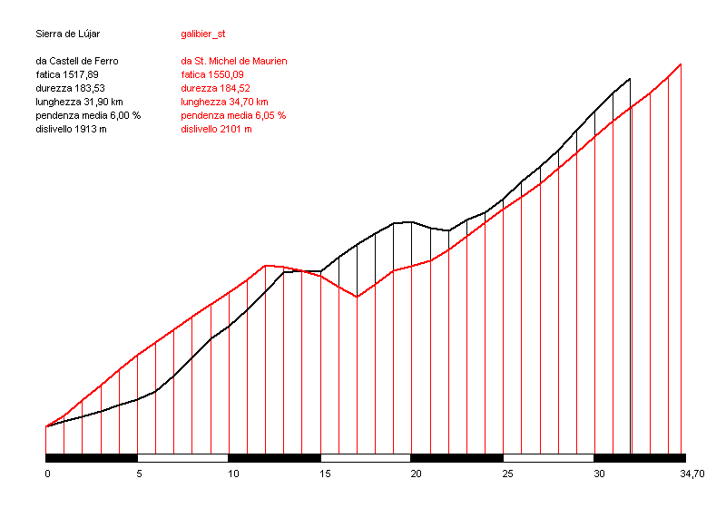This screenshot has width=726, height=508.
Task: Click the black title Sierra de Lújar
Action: tap(67, 34)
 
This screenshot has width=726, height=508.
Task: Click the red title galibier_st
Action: tap(203, 34)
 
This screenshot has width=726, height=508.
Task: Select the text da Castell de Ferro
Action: tap(77, 61)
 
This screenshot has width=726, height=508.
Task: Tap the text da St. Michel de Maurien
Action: tap(233, 61)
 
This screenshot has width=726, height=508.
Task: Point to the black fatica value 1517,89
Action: tap(67, 74)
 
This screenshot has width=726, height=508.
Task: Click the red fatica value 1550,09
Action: tap(214, 74)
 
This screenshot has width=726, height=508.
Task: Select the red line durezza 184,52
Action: tap(215, 88)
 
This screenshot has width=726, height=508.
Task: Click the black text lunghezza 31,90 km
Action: tap(80, 102)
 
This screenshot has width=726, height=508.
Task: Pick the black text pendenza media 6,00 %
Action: tap(89, 115)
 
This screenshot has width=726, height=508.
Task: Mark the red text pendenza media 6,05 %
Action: tap(233, 115)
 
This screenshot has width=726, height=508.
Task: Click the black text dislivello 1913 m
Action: tap(72, 129)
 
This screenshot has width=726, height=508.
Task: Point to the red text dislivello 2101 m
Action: tap(216, 129)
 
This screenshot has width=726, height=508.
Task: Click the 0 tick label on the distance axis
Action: tap(47, 474)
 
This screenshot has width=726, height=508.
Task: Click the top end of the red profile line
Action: tap(681, 63)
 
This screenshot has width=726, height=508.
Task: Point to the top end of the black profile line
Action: tap(629, 79)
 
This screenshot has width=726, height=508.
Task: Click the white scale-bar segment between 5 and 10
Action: tap(182, 458)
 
